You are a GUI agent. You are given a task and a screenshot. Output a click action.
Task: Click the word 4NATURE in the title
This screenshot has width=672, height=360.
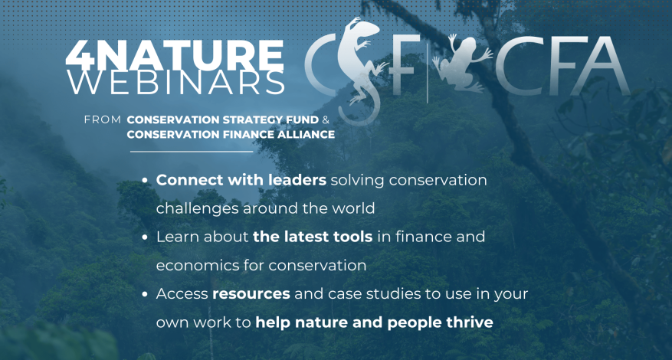click(x=175, y=55)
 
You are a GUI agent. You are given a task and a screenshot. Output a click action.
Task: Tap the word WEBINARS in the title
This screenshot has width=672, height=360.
click(x=176, y=83)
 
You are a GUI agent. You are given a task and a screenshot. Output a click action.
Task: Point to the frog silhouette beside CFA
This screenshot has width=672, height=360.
click(x=462, y=64)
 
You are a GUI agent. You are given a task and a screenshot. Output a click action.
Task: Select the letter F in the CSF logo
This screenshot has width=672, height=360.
click(x=405, y=64)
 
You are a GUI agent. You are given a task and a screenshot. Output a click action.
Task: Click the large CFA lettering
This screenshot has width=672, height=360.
click(x=562, y=66)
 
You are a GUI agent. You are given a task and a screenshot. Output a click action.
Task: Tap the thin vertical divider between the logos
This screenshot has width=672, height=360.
click(x=428, y=69)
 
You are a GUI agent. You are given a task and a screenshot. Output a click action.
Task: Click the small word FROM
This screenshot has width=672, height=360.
click(x=103, y=120)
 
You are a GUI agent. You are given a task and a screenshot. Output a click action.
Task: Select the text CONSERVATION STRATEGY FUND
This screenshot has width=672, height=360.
click(x=223, y=120)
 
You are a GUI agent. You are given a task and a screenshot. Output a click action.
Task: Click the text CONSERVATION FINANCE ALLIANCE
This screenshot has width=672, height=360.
click(x=231, y=135)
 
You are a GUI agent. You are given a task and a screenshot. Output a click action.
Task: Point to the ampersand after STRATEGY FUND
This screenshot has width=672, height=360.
click(x=326, y=120)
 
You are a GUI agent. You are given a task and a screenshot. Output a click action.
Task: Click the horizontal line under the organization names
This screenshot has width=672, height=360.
click(x=192, y=152)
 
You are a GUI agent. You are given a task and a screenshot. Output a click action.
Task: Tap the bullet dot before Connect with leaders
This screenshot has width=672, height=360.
click(x=146, y=181)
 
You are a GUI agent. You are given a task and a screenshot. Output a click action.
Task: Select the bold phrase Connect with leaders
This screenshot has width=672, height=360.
click(x=241, y=180)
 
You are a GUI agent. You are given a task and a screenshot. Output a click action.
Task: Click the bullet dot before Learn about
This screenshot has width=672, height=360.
click(x=146, y=237)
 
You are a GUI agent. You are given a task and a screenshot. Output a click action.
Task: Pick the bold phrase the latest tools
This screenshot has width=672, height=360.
click(x=313, y=237)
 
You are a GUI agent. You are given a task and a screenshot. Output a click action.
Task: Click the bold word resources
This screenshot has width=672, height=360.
click(x=251, y=294)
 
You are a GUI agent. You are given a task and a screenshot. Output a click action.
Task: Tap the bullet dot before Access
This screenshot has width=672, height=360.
click(x=146, y=294)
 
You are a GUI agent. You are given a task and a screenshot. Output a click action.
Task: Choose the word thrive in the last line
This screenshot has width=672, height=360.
click(x=471, y=322)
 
